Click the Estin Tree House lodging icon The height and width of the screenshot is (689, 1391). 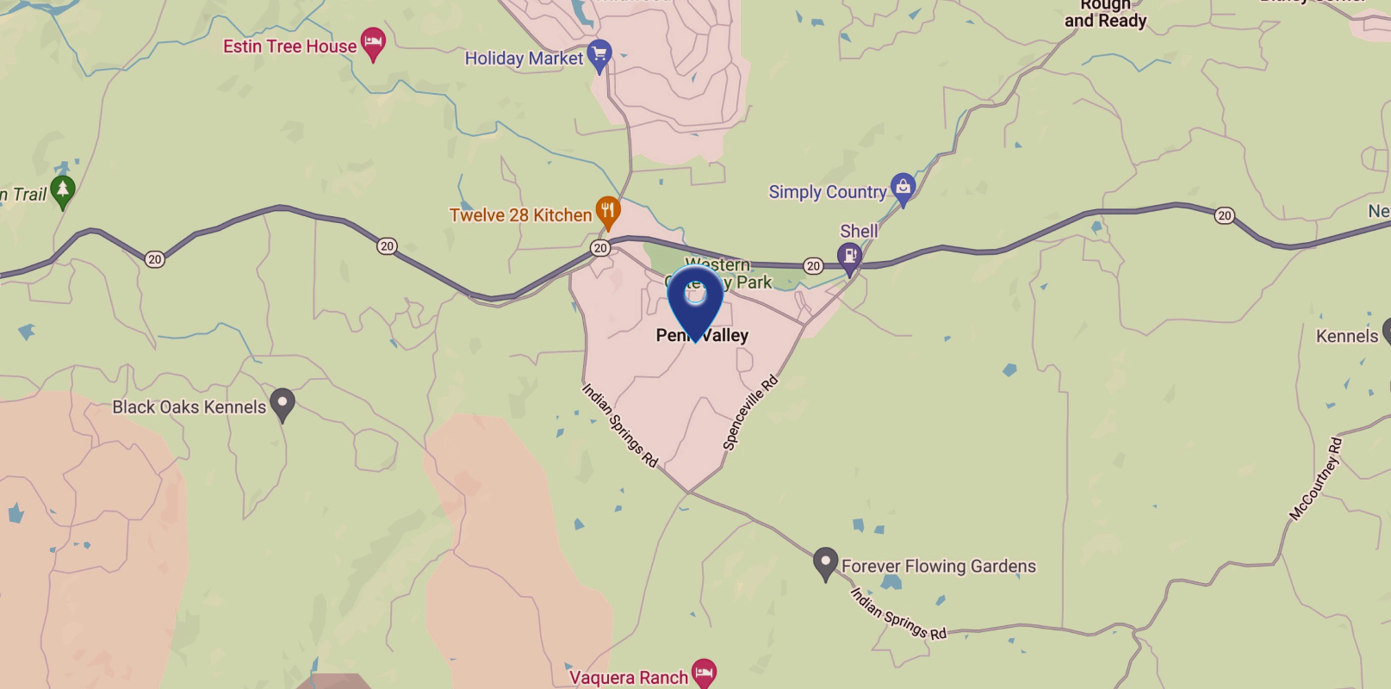tap(373, 42)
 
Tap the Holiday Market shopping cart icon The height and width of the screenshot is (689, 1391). tap(599, 55)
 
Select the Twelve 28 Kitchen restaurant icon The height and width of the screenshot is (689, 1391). tap(608, 212)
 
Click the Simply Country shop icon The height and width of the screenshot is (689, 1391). tap(903, 188)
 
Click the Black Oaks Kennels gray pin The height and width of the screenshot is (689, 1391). tap(283, 403)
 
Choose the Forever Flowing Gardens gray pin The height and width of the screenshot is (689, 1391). tap(825, 563)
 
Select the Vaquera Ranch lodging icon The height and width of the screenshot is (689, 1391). tap(705, 673)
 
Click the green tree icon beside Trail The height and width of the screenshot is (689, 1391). tap(62, 190)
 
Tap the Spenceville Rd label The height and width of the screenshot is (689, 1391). tap(749, 413)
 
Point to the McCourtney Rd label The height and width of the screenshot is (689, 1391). tap(1315, 479)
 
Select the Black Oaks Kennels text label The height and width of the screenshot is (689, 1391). tap(189, 407)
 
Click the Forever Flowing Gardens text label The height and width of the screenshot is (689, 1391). tap(938, 566)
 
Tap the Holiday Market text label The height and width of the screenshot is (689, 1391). tap(524, 59)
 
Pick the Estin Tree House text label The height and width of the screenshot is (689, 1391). tap(289, 47)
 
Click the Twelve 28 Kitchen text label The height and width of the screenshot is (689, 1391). tap(520, 215)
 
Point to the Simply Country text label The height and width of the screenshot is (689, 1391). tap(827, 192)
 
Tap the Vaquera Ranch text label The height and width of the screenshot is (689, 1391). tap(629, 678)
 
